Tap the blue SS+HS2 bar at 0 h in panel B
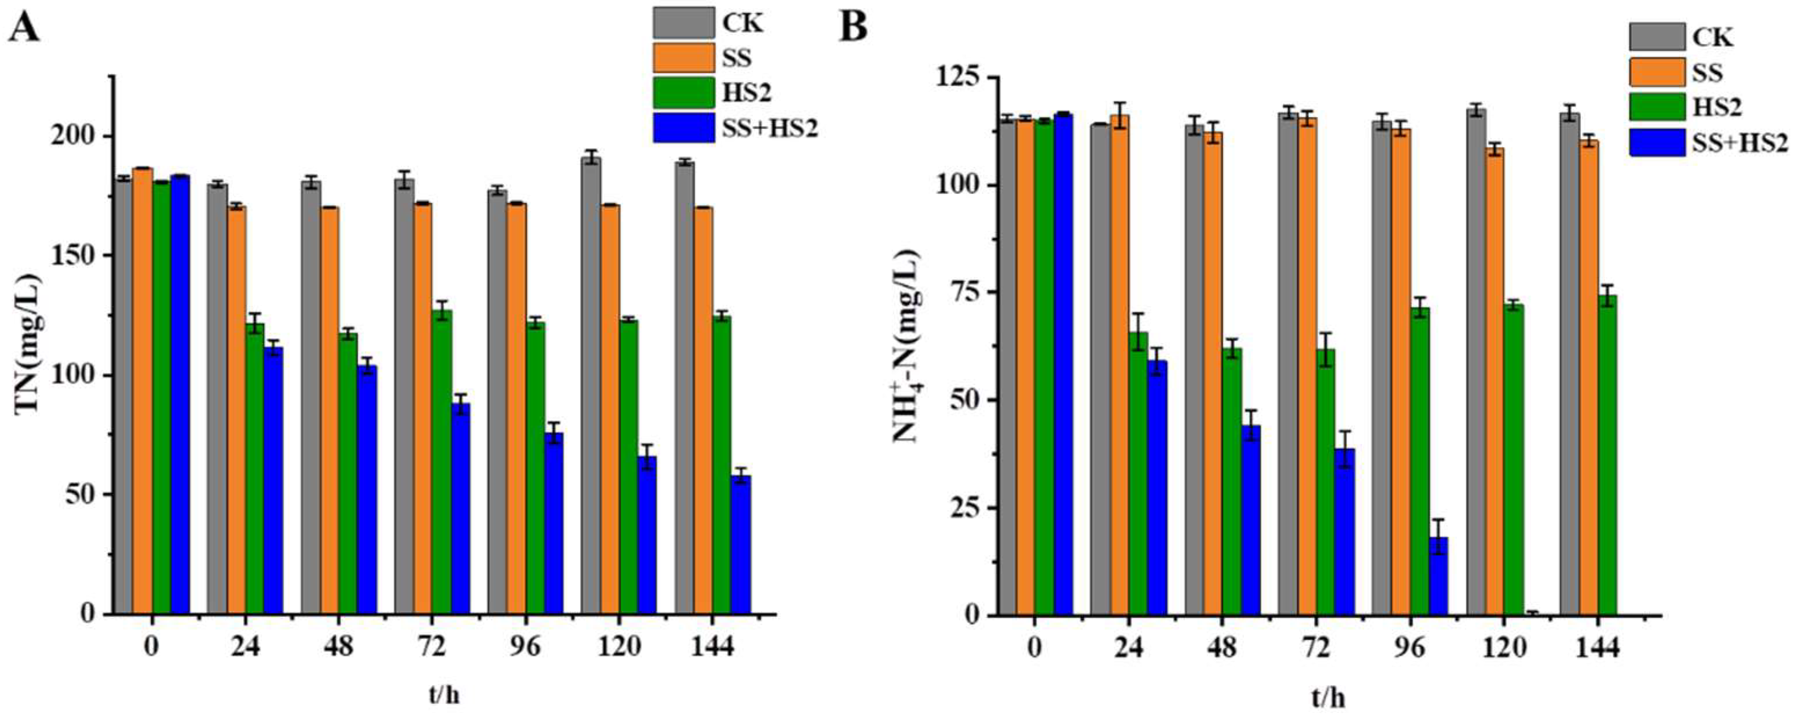(1063, 364)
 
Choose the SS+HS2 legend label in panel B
(1741, 142)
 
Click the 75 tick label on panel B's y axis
(963, 293)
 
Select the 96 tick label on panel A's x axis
(525, 646)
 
